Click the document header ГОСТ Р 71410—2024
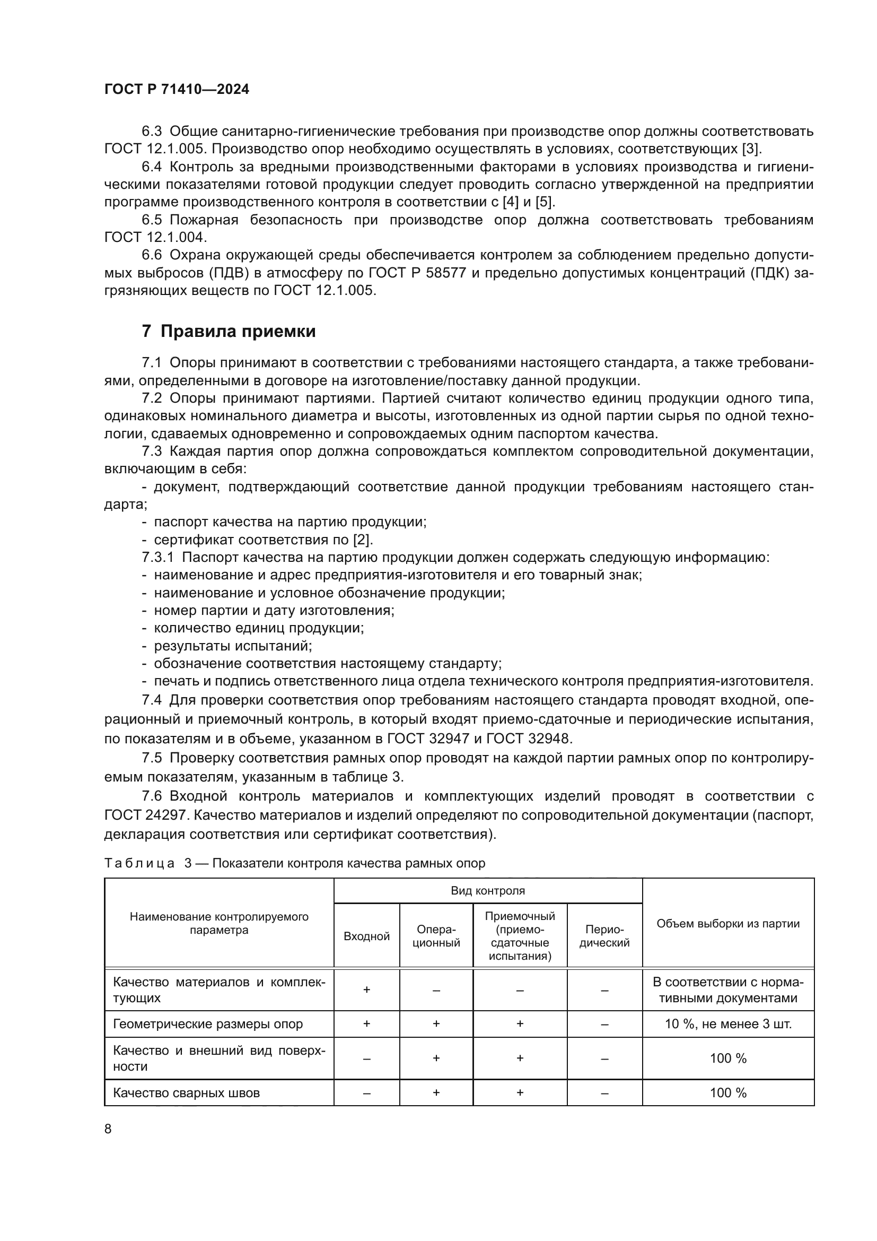177,90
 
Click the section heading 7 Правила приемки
229,331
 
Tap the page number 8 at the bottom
108,1129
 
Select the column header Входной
366,936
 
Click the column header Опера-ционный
436,935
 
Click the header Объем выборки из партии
727,923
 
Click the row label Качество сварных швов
186,1092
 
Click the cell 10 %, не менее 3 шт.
727,1023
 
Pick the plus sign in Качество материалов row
366,990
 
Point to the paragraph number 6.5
152,220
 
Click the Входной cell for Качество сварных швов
366,1092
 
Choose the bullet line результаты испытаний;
233,646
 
